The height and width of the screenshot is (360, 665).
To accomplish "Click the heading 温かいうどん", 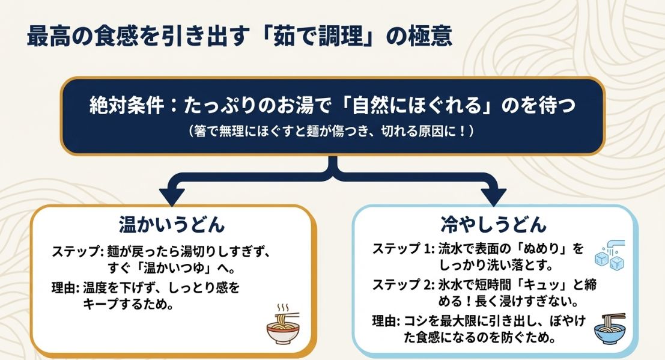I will [172, 225].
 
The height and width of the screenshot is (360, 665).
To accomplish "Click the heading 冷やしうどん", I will [494, 225].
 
